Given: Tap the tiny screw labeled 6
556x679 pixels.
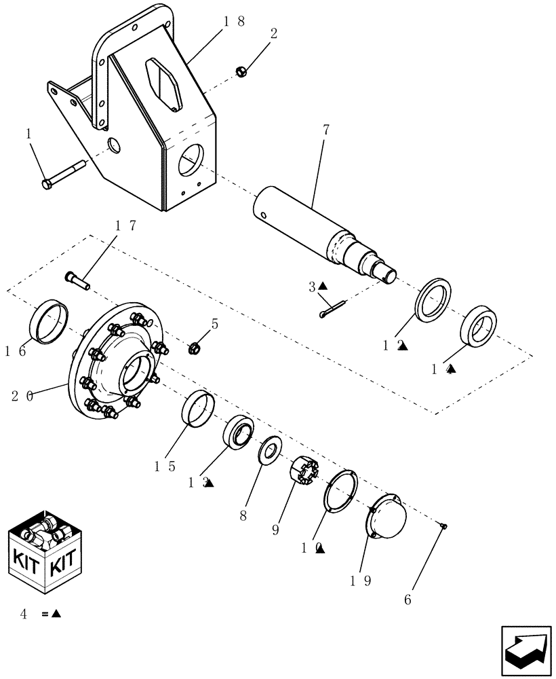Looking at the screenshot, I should point(443,526).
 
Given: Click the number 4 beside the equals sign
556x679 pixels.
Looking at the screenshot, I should point(24,614).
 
